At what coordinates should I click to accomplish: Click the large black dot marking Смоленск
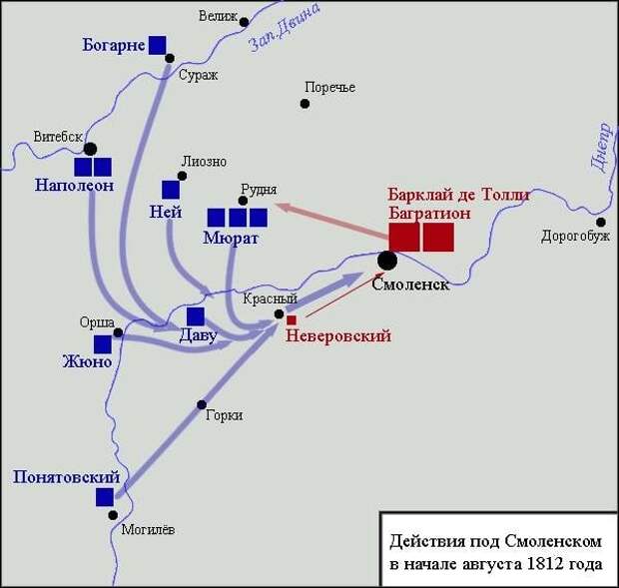click(387, 261)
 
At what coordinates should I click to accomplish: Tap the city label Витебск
click(58, 137)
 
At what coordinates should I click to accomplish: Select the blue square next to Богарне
click(157, 45)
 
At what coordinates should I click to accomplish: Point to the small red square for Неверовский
click(292, 320)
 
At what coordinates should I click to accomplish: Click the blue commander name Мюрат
click(231, 238)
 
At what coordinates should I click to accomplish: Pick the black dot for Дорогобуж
click(600, 223)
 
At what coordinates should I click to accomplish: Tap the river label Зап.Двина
click(284, 28)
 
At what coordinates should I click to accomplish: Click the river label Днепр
click(601, 147)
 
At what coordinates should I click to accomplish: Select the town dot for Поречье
click(305, 104)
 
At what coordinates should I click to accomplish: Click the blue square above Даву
click(196, 316)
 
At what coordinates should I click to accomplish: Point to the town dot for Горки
click(202, 404)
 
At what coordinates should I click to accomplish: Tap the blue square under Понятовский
click(105, 497)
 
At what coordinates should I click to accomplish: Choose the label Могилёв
click(148, 529)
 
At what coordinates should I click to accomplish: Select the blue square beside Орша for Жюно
click(103, 344)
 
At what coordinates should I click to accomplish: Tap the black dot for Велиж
click(244, 22)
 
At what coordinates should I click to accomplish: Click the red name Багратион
click(429, 213)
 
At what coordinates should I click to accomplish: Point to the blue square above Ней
click(171, 190)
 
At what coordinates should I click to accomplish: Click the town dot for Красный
click(280, 314)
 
